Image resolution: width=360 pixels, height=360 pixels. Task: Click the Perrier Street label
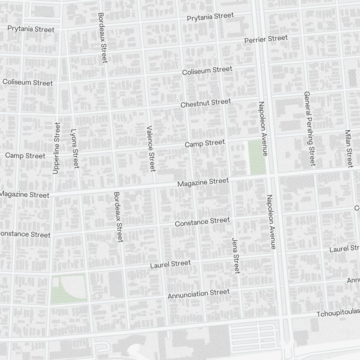pyautogui.click(x=266, y=39)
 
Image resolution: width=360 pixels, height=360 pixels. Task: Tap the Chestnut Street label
pyautogui.click(x=206, y=103)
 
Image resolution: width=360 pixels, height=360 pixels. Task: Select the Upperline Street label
pyautogui.click(x=56, y=148)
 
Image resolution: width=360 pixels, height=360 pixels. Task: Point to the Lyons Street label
pyautogui.click(x=75, y=148)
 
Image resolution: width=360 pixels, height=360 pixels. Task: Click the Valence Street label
pyautogui.click(x=150, y=148)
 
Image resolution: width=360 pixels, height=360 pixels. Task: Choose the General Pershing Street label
pyautogui.click(x=309, y=129)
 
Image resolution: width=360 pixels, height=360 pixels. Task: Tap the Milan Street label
pyautogui.click(x=348, y=148)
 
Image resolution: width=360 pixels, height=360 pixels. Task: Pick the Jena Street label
pyautogui.click(x=236, y=256)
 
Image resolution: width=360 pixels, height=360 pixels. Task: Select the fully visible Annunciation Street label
pyautogui.click(x=198, y=294)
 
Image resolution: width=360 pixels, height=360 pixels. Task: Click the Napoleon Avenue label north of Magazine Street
pyautogui.click(x=262, y=129)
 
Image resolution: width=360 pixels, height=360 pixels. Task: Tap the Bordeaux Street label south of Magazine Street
pyautogui.click(x=118, y=217)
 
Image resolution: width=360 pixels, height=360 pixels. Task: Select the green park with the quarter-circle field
pyautogui.click(x=68, y=288)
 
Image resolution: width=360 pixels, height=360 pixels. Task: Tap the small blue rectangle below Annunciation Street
pyautogui.click(x=144, y=312)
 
